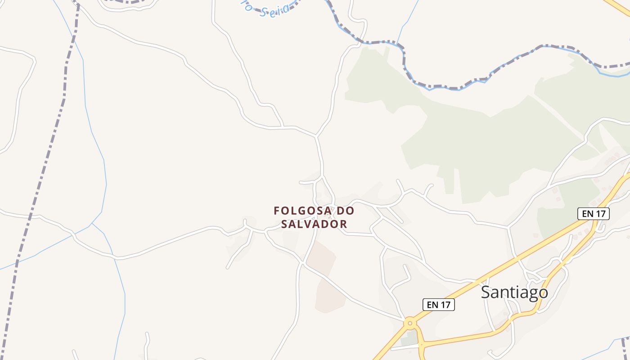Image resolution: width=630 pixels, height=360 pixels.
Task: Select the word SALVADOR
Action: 314,224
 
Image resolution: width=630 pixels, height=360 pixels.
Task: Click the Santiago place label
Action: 514,292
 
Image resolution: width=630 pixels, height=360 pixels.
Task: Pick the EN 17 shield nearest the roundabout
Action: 439,305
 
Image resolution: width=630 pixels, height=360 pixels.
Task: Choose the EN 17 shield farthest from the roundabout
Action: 594,214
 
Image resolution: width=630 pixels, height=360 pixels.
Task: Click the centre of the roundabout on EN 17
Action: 409,323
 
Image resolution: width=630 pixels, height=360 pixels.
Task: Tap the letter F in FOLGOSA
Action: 277,211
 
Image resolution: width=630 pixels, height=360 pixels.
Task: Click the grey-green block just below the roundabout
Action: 409,339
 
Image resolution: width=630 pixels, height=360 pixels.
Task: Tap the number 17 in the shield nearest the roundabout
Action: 445,305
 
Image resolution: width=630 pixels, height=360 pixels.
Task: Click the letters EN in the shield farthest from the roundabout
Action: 588,214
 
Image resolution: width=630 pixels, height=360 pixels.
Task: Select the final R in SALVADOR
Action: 343,224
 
